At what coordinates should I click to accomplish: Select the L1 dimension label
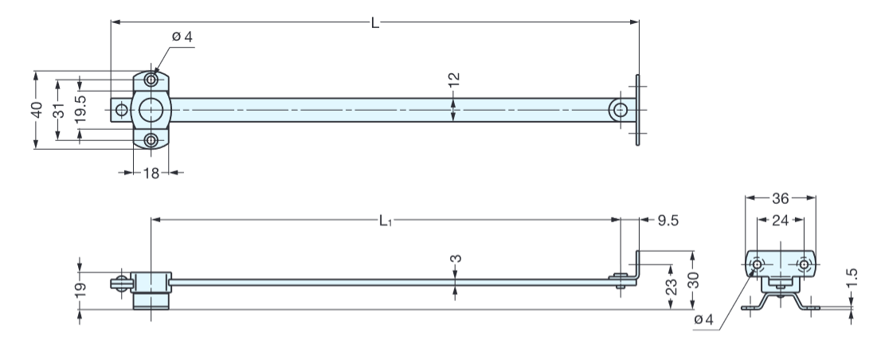pos(385,219)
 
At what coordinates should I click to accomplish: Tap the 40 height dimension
pos(37,110)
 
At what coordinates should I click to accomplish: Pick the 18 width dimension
pos(151,172)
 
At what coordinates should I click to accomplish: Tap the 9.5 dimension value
pos(667,220)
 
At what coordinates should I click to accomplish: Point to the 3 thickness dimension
pos(455,260)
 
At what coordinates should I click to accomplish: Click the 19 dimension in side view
pos(80,285)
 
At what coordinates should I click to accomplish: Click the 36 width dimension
pos(781,198)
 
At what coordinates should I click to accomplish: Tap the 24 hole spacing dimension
pos(781,220)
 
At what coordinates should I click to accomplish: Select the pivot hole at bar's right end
pos(618,110)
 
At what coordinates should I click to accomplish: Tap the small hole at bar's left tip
pos(120,109)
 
